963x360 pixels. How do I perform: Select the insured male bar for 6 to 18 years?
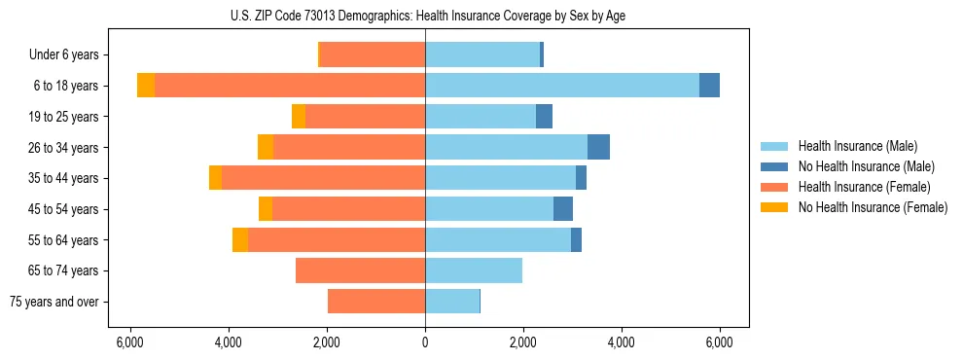coord(561,86)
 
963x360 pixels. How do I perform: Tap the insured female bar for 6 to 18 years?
coord(290,86)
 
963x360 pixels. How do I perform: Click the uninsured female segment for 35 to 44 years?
coord(215,178)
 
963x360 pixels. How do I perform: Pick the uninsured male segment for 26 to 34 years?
coord(598,147)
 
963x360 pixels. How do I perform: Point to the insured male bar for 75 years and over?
coord(452,302)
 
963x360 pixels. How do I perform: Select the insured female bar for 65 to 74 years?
coord(360,270)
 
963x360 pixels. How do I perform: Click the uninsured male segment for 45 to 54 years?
coord(563,209)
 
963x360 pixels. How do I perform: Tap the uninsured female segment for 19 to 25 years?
coord(299,117)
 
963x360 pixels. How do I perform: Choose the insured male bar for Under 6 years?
coord(482,54)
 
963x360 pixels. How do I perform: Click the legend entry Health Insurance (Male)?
coord(857,146)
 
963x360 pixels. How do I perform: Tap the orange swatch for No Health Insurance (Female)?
coord(775,207)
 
